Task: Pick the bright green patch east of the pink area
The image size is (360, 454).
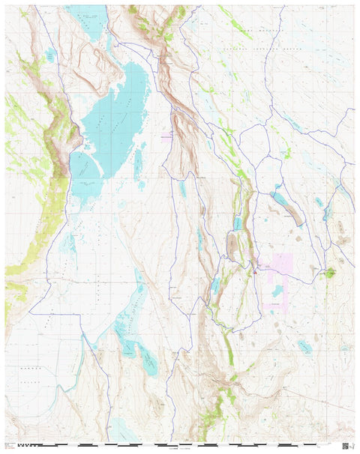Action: pyautogui.click(x=328, y=273)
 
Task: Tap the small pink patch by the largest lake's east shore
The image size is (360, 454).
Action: pyautogui.click(x=166, y=136)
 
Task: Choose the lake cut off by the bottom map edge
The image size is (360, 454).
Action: pyautogui.click(x=121, y=430)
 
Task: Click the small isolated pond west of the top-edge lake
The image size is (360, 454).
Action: pyautogui.click(x=50, y=55)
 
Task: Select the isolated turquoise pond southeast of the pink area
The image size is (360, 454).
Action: pyautogui.click(x=304, y=345)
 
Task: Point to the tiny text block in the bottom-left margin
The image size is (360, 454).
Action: pyautogui.click(x=9, y=446)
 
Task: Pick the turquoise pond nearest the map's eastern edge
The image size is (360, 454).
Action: pyautogui.click(x=327, y=212)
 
